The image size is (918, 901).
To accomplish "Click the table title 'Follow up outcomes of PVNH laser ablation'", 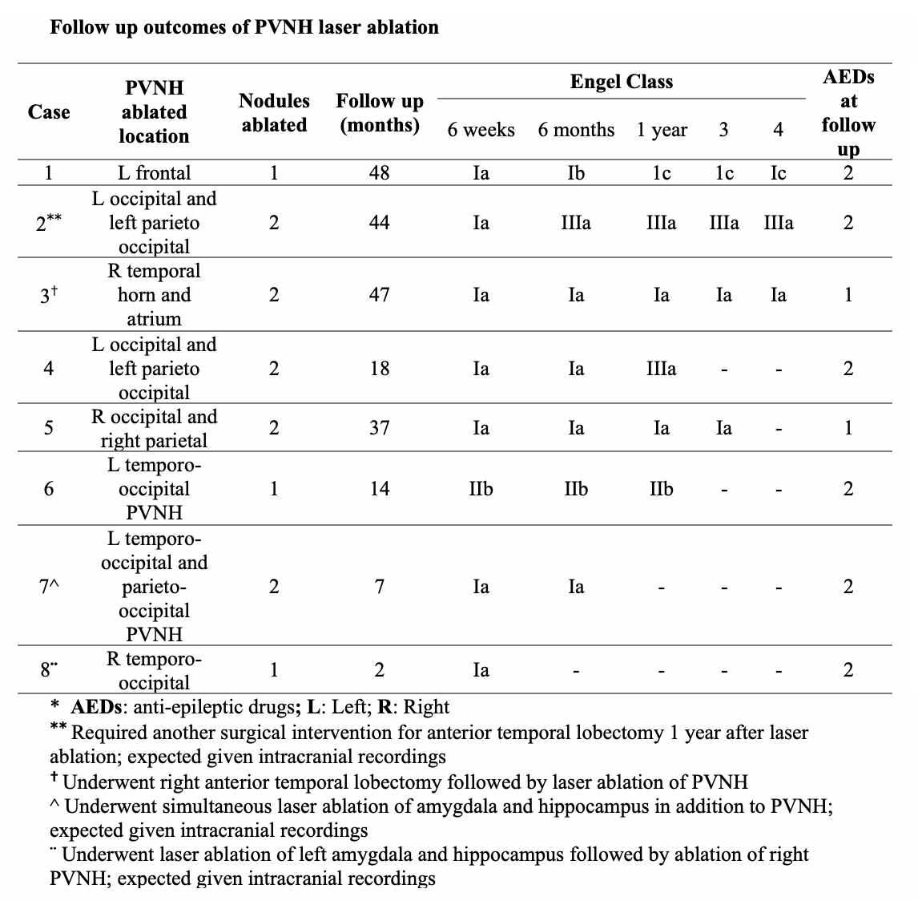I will coord(244,28).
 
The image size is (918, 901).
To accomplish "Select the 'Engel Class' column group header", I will coord(621,82).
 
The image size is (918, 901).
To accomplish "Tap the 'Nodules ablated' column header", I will coord(274,112).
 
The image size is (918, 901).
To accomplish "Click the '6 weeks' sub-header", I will coord(481,130).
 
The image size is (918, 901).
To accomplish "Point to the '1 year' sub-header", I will coord(662,130).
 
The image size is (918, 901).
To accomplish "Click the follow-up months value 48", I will coord(379,172).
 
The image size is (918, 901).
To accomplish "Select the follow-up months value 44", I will coord(379,223).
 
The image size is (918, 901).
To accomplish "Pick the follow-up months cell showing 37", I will coord(379,428).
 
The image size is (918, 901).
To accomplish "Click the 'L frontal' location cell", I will coord(154,172).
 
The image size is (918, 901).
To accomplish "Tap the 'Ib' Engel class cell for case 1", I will coord(576,172).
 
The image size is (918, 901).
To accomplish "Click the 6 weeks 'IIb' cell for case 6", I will coord(481,489).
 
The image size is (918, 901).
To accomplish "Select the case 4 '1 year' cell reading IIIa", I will coord(661,369).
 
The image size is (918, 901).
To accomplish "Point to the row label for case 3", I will coord(49,295).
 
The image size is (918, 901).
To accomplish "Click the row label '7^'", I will coord(49,587).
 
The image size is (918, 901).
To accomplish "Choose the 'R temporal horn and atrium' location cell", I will coord(154,295).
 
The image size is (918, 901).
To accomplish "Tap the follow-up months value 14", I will coord(379,489).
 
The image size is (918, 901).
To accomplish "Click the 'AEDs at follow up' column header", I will coord(848,113).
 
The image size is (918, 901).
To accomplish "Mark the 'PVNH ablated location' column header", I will coord(154,112).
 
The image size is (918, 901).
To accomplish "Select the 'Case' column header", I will coord(49,112).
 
